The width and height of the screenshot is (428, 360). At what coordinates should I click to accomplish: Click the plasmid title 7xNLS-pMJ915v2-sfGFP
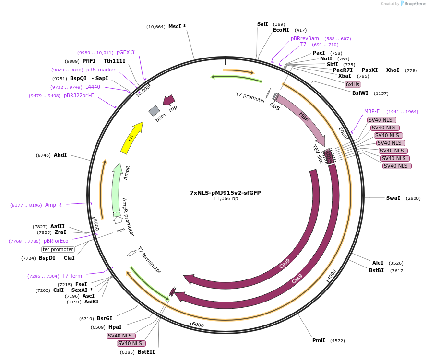(x=225, y=193)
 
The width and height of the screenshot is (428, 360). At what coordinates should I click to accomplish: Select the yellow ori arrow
(x=132, y=138)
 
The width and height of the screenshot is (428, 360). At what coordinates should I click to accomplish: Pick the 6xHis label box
(x=353, y=84)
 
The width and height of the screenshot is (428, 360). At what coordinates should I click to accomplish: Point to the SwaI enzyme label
(x=392, y=198)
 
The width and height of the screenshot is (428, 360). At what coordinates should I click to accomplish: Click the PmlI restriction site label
(x=319, y=340)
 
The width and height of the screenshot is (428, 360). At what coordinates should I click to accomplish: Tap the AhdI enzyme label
(x=60, y=155)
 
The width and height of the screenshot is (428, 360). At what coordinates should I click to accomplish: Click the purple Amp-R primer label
(x=53, y=205)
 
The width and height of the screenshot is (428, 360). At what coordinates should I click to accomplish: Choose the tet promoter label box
(x=58, y=249)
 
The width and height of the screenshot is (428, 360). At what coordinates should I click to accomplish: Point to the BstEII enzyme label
(x=146, y=352)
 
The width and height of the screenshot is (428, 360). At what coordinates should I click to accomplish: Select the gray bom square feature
(x=154, y=111)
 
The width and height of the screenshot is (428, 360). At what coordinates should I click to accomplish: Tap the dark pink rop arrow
(x=168, y=100)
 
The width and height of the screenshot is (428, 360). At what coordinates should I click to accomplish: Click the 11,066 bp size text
(x=226, y=198)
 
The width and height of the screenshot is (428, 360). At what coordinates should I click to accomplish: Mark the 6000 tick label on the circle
(x=198, y=325)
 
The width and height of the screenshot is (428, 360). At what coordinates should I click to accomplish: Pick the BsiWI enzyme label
(x=364, y=93)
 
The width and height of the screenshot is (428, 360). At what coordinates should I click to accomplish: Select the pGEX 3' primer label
(x=126, y=52)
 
